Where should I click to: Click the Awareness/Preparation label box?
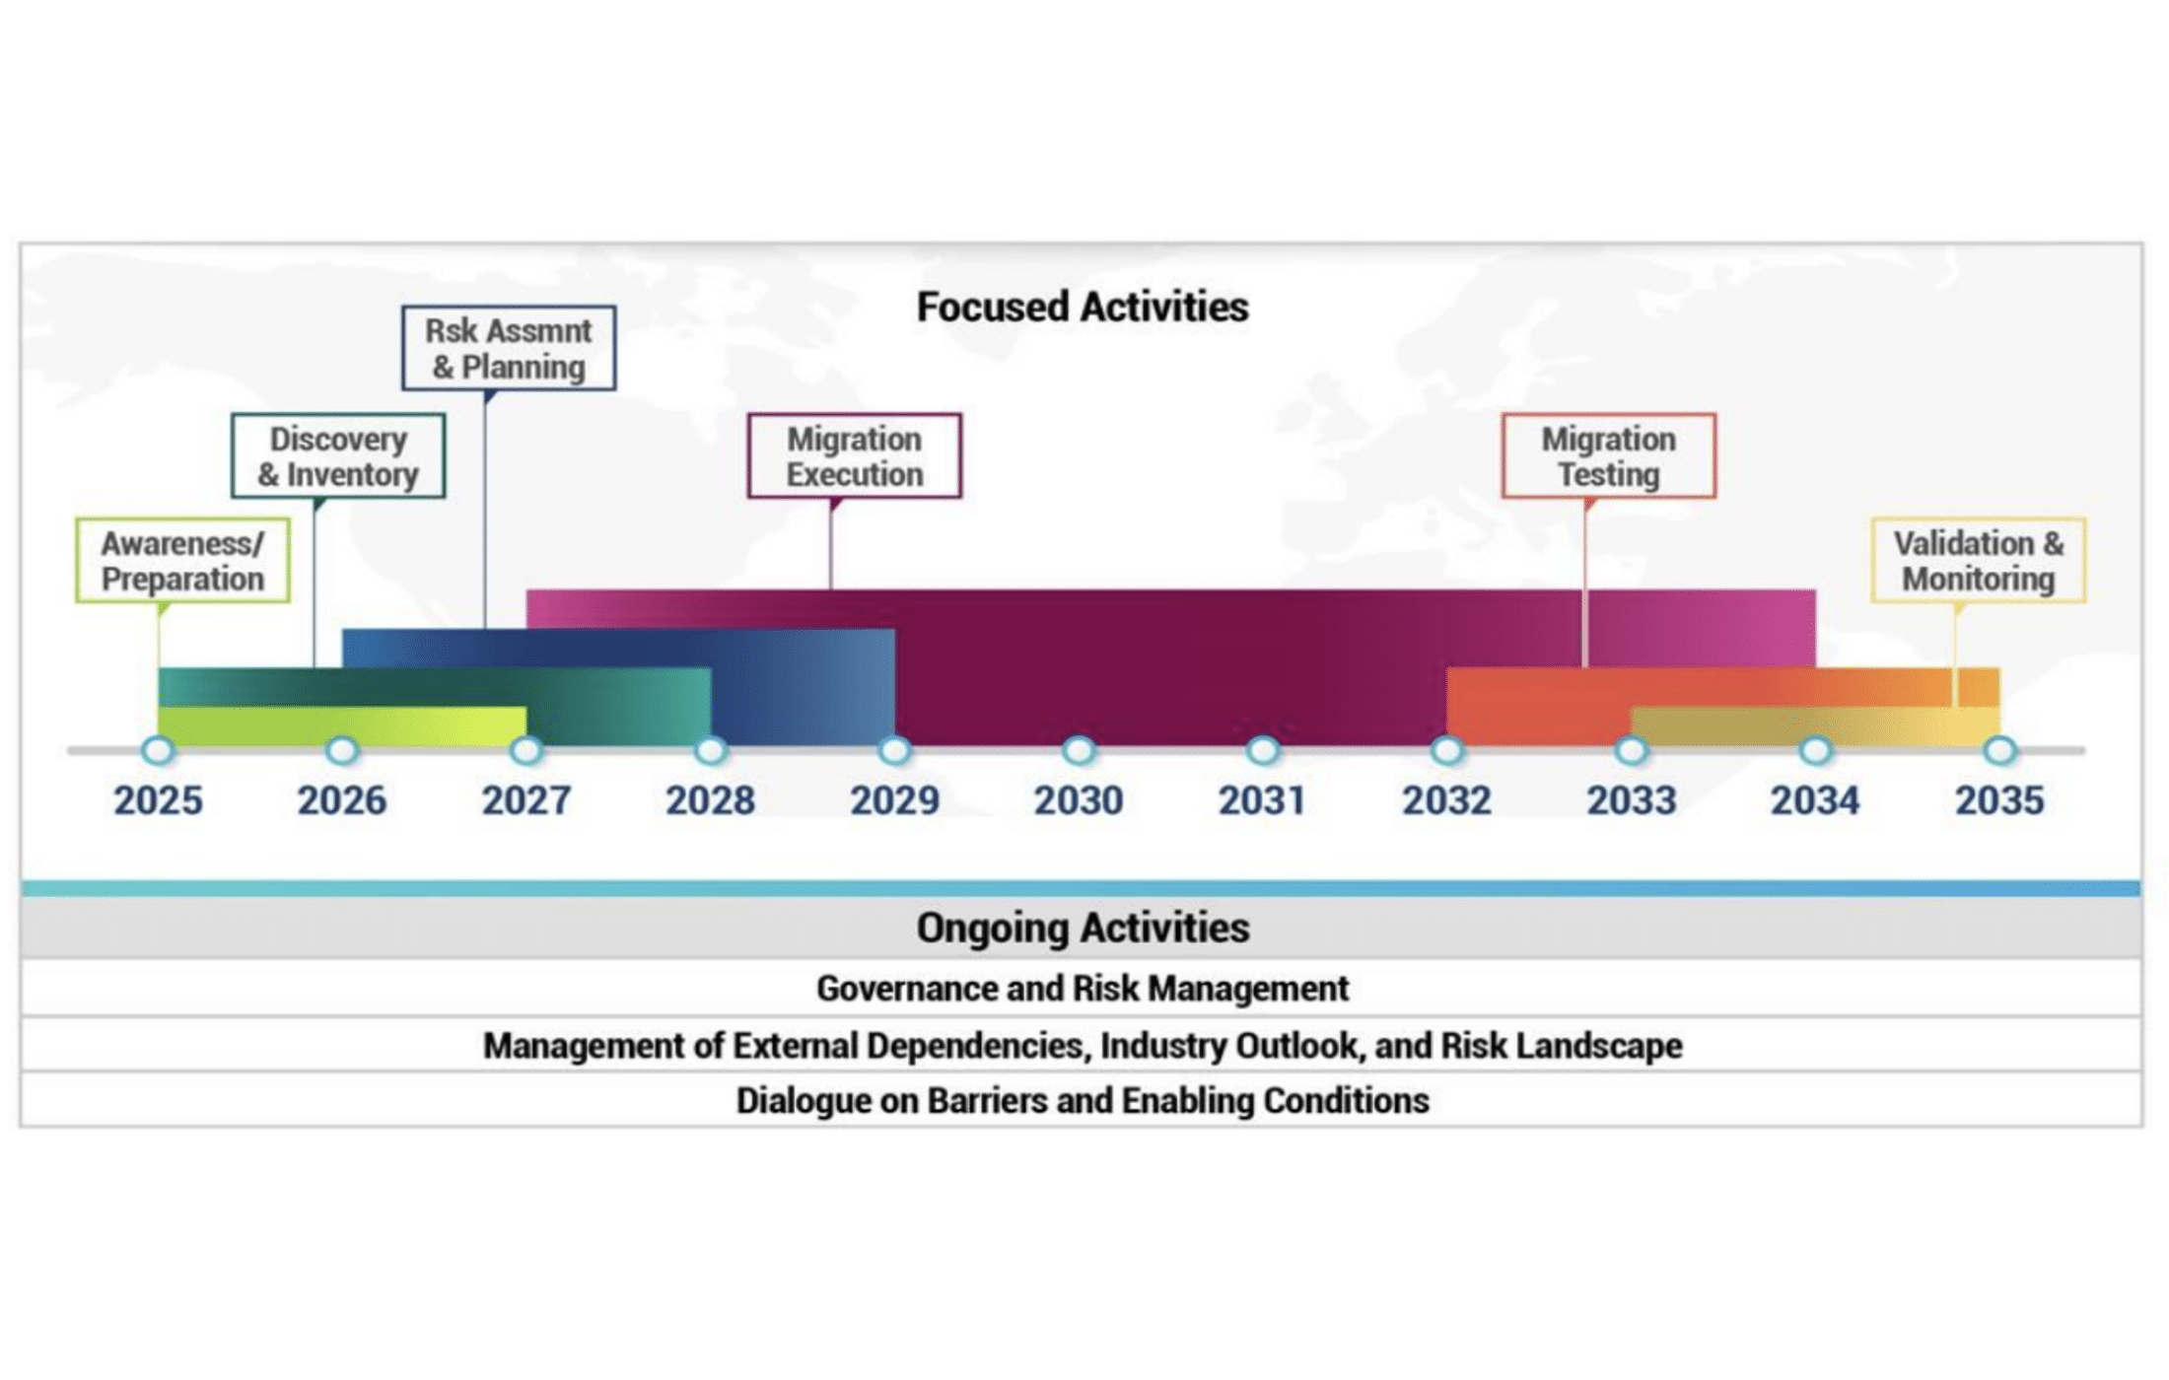click(182, 560)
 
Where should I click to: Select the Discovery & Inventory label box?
click(338, 455)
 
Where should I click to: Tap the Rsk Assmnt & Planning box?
click(509, 348)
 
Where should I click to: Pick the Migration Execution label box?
click(854, 455)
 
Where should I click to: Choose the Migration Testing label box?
click(1608, 455)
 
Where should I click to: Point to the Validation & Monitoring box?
click(1979, 560)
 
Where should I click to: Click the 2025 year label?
click(158, 800)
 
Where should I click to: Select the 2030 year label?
click(1078, 800)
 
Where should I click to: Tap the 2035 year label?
click(1999, 800)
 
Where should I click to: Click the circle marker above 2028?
click(710, 751)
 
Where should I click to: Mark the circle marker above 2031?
click(1262, 751)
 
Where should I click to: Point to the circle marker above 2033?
click(1631, 751)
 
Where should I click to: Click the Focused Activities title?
click(1083, 307)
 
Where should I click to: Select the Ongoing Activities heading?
click(1083, 928)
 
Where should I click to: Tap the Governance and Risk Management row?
click(1083, 988)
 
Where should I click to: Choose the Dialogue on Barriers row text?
click(1083, 1100)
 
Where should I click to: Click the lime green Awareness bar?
click(342, 725)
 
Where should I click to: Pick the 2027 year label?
click(525, 800)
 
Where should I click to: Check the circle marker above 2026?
click(342, 751)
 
